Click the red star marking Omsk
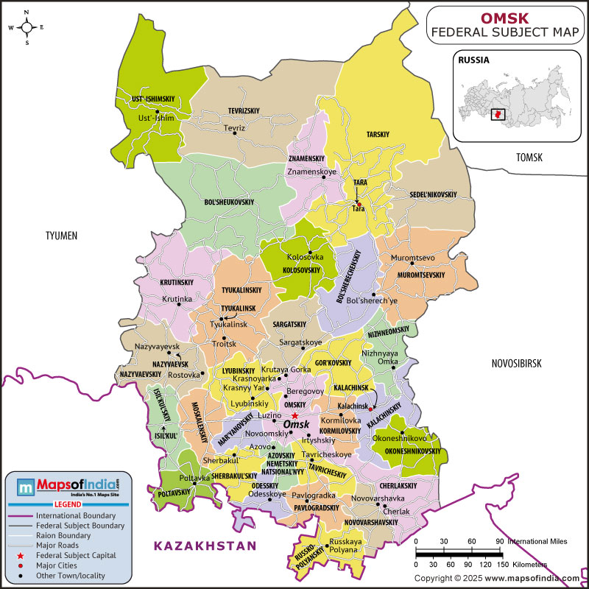click(294, 416)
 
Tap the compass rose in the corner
click(27, 27)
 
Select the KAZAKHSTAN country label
click(205, 546)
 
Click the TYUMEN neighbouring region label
click(61, 236)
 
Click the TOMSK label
click(529, 158)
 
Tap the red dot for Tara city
click(359, 204)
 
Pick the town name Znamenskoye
click(311, 172)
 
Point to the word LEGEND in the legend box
click(67, 505)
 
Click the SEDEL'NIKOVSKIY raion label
click(434, 194)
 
